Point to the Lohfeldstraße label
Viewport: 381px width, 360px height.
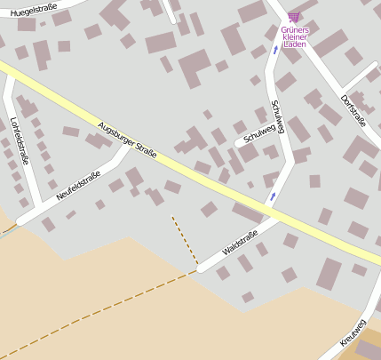(x=18, y=141)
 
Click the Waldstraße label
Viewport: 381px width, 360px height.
(x=240, y=243)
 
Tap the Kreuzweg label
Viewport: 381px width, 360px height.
(x=353, y=331)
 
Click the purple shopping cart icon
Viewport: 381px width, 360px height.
(x=294, y=17)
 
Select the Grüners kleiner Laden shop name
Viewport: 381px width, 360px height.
(x=295, y=36)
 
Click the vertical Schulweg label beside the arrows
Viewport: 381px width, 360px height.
(x=278, y=116)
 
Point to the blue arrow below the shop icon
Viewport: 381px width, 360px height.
(x=275, y=50)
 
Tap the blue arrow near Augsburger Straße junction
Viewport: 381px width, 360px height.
(x=273, y=196)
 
